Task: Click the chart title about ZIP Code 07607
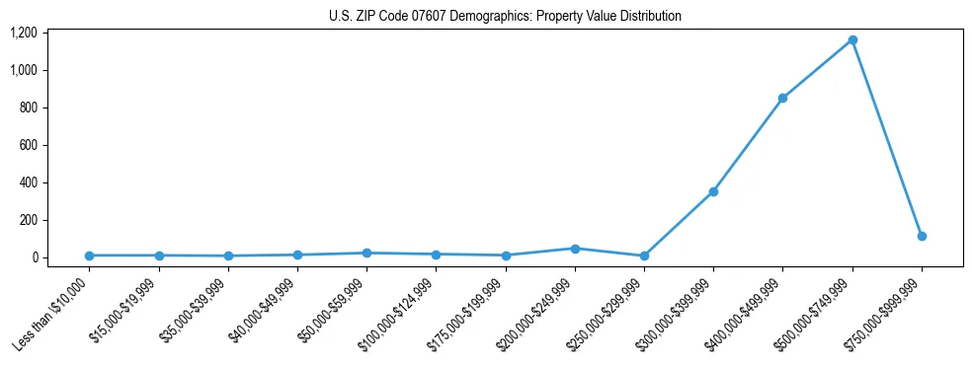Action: tap(505, 17)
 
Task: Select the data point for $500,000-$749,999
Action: tap(852, 40)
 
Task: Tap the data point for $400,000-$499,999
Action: tap(782, 99)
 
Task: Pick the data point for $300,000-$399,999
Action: tap(713, 191)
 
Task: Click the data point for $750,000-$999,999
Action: tap(922, 237)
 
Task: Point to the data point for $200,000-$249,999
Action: tap(575, 249)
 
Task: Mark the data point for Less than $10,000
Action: tap(89, 255)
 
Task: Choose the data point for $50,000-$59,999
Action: tap(366, 254)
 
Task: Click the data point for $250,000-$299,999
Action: tap(644, 255)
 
